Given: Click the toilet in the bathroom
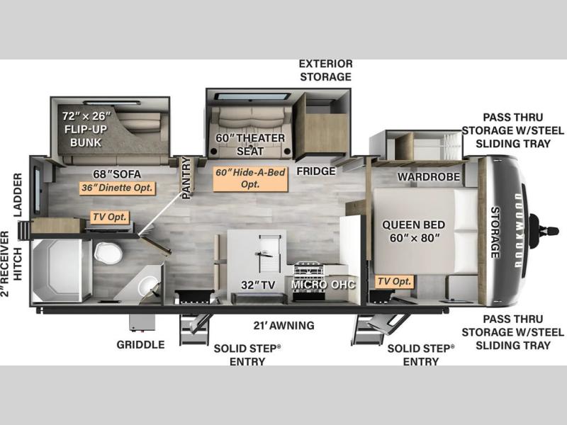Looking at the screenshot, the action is coord(108,253).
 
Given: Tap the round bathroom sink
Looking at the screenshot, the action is coord(147,285).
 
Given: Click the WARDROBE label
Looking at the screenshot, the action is coord(429,176).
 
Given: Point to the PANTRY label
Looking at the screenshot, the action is coord(186,178).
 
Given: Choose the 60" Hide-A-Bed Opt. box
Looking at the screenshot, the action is coord(250,178).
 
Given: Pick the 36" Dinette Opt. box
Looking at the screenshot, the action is coord(118,188).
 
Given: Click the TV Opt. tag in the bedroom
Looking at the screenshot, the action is coord(394,281).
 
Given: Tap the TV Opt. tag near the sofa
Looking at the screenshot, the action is coord(110,217).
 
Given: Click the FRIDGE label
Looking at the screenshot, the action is coord(316,171).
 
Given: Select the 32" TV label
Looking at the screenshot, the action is coord(258,285).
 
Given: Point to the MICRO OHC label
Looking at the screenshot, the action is coord(323,285).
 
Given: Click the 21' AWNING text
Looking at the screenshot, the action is coord(284,326).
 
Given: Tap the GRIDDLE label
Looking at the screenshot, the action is coord(140,345).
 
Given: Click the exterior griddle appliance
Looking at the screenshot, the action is coord(142,322).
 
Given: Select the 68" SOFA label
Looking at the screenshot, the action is coord(117,174).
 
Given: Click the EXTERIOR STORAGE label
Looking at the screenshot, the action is coord(326,70).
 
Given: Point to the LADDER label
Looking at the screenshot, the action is coord(18,195).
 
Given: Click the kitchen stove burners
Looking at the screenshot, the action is coord(308,269).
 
